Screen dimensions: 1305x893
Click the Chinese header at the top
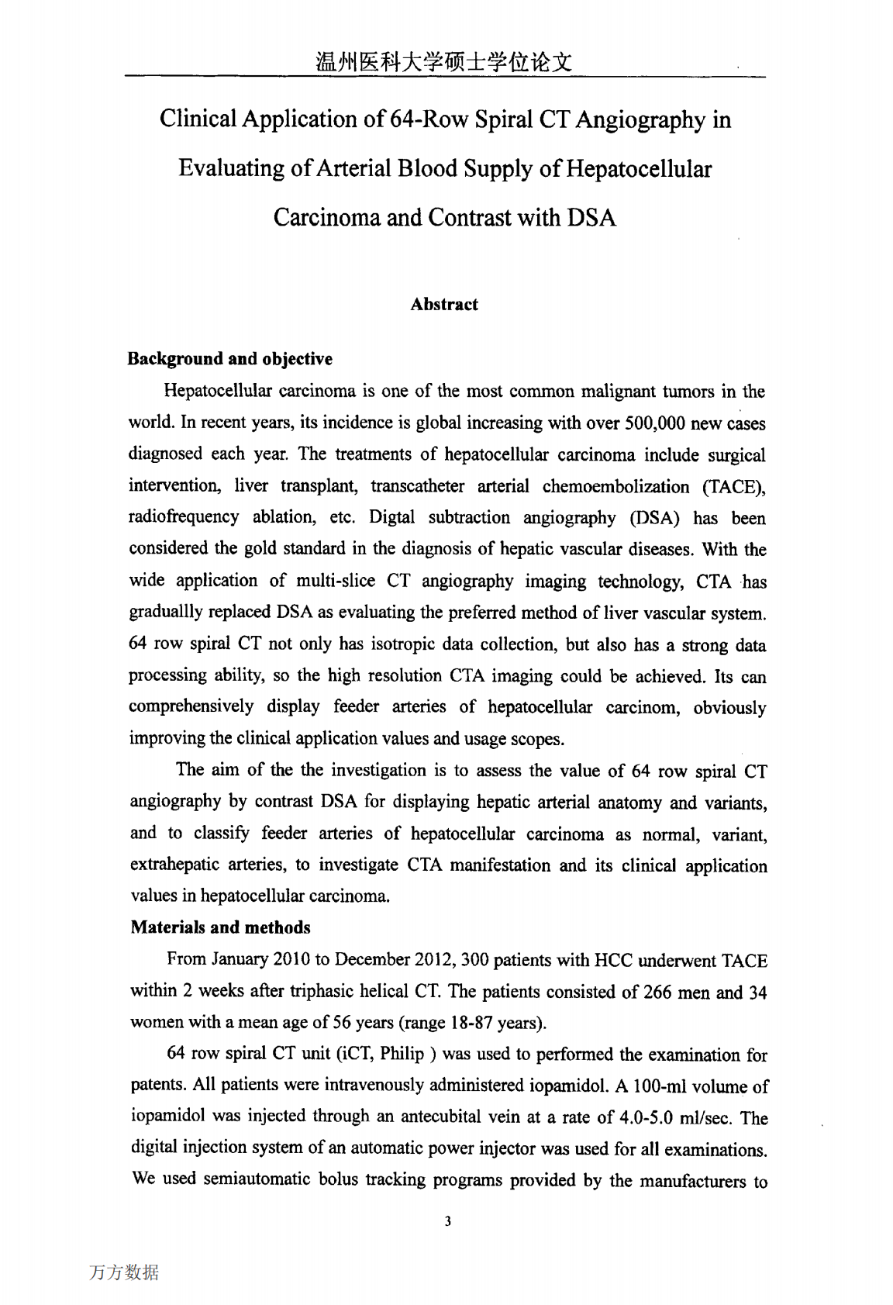click(x=444, y=62)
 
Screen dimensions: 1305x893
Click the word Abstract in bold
click(x=444, y=304)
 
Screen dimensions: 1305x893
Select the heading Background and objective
click(x=230, y=358)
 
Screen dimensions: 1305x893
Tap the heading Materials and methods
click(x=220, y=927)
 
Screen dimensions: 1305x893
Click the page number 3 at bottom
click(x=448, y=1222)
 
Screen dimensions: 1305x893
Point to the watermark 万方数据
click(x=124, y=1272)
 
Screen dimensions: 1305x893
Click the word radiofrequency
click(x=184, y=517)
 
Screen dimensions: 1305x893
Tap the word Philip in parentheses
click(x=402, y=1054)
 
